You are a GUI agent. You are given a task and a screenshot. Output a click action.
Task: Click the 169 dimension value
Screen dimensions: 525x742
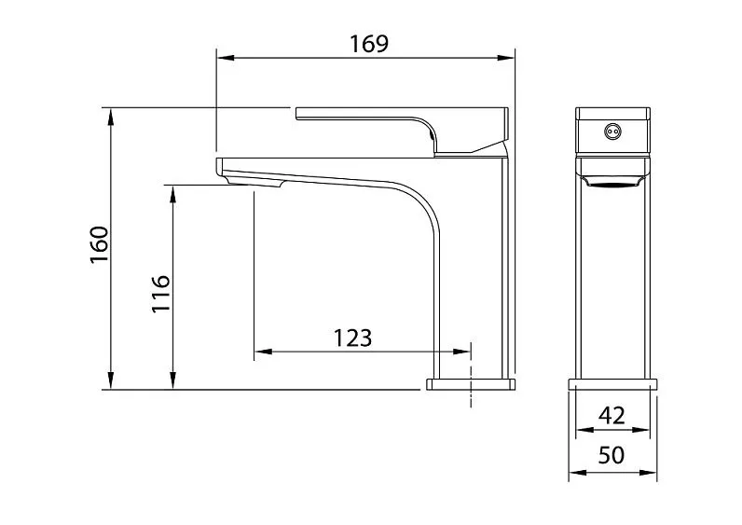[368, 43]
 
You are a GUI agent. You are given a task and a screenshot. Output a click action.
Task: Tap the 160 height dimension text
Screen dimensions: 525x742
[100, 245]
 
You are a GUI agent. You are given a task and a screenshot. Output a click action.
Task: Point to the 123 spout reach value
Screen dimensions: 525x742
[352, 338]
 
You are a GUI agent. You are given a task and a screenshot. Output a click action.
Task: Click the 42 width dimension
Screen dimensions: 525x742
[611, 415]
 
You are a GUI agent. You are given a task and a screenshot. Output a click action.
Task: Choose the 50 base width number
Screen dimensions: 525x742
[611, 455]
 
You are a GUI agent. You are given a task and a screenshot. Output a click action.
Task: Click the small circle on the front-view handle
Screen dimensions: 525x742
[612, 131]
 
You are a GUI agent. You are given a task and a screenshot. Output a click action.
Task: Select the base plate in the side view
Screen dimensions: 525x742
[471, 383]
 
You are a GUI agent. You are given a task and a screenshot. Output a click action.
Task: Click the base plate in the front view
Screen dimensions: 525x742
[612, 383]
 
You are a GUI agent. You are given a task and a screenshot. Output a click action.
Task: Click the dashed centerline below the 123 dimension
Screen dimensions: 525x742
[472, 382]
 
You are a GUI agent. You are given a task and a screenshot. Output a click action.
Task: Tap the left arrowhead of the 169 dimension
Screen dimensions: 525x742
[222, 59]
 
